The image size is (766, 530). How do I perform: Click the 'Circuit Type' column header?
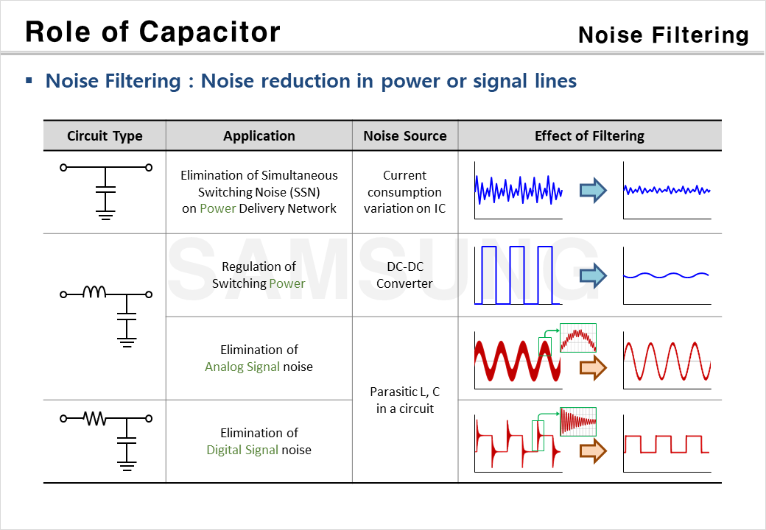pyautogui.click(x=105, y=136)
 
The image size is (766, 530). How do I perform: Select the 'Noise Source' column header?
pyautogui.click(x=405, y=136)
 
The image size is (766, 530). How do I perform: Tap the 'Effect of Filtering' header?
pyautogui.click(x=589, y=136)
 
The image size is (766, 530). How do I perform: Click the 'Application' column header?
pyautogui.click(x=259, y=136)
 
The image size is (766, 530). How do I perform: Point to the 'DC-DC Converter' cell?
pyautogui.click(x=404, y=275)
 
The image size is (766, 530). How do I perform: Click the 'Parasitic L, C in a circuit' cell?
pyautogui.click(x=404, y=400)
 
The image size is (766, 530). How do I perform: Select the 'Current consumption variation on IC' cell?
pyautogui.click(x=404, y=192)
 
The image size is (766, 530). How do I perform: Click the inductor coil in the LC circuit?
pyautogui.click(x=94, y=292)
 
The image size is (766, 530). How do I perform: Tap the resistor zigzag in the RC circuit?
pyautogui.click(x=94, y=419)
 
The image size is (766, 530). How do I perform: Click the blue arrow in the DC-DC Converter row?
pyautogui.click(x=592, y=275)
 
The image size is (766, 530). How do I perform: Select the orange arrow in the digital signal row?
pyautogui.click(x=592, y=450)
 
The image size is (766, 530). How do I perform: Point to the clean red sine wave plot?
pyautogui.click(x=667, y=361)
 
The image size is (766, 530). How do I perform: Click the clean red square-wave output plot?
pyautogui.click(x=667, y=444)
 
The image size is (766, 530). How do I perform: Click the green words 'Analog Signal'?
pyautogui.click(x=242, y=367)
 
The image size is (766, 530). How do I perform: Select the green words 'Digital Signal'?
pyautogui.click(x=243, y=450)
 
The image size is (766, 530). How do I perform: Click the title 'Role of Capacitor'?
pyautogui.click(x=152, y=32)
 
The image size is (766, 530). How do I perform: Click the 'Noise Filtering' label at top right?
pyautogui.click(x=663, y=35)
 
